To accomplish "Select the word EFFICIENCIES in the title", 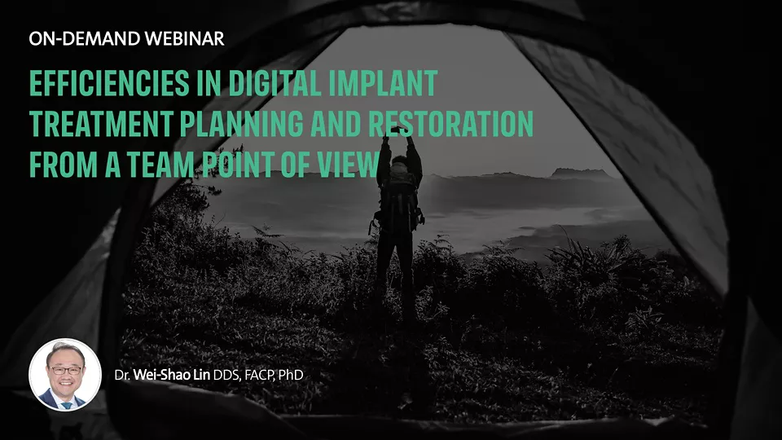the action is coord(109,83).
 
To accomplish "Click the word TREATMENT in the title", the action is coord(101,124).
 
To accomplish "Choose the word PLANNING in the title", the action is coord(241,124).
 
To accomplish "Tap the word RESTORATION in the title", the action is coord(450,124).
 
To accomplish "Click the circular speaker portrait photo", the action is coord(65,375).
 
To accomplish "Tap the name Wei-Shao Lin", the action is coord(172,375).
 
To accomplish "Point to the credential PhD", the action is coord(291,375).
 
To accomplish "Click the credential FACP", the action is coord(259,376).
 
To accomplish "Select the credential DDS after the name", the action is coord(226,376).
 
